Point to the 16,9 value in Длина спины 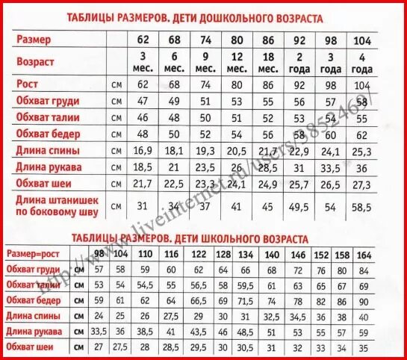click(143, 151)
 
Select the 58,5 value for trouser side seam click(362, 206)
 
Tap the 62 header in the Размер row click(143, 40)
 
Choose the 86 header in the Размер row click(265, 40)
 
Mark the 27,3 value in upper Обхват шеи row click(362, 184)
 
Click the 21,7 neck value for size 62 click(143, 184)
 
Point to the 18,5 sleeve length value click(143, 167)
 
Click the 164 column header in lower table click(363, 254)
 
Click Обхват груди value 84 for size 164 click(363, 269)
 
